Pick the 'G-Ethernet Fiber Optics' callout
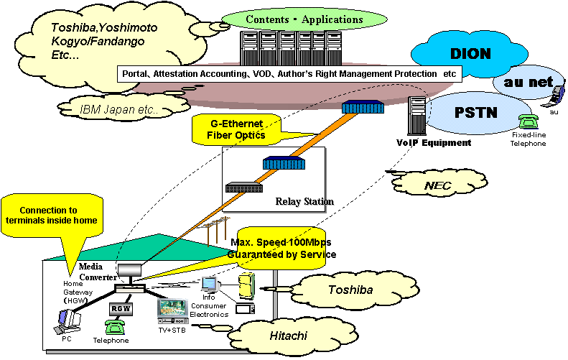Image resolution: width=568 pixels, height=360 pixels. point(237,129)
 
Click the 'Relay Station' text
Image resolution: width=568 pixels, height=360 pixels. point(304,201)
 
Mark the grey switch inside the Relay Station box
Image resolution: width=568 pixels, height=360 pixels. point(243,188)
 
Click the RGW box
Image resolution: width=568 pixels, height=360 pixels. point(118,308)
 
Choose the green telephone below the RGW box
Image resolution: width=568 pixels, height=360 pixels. point(115,328)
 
